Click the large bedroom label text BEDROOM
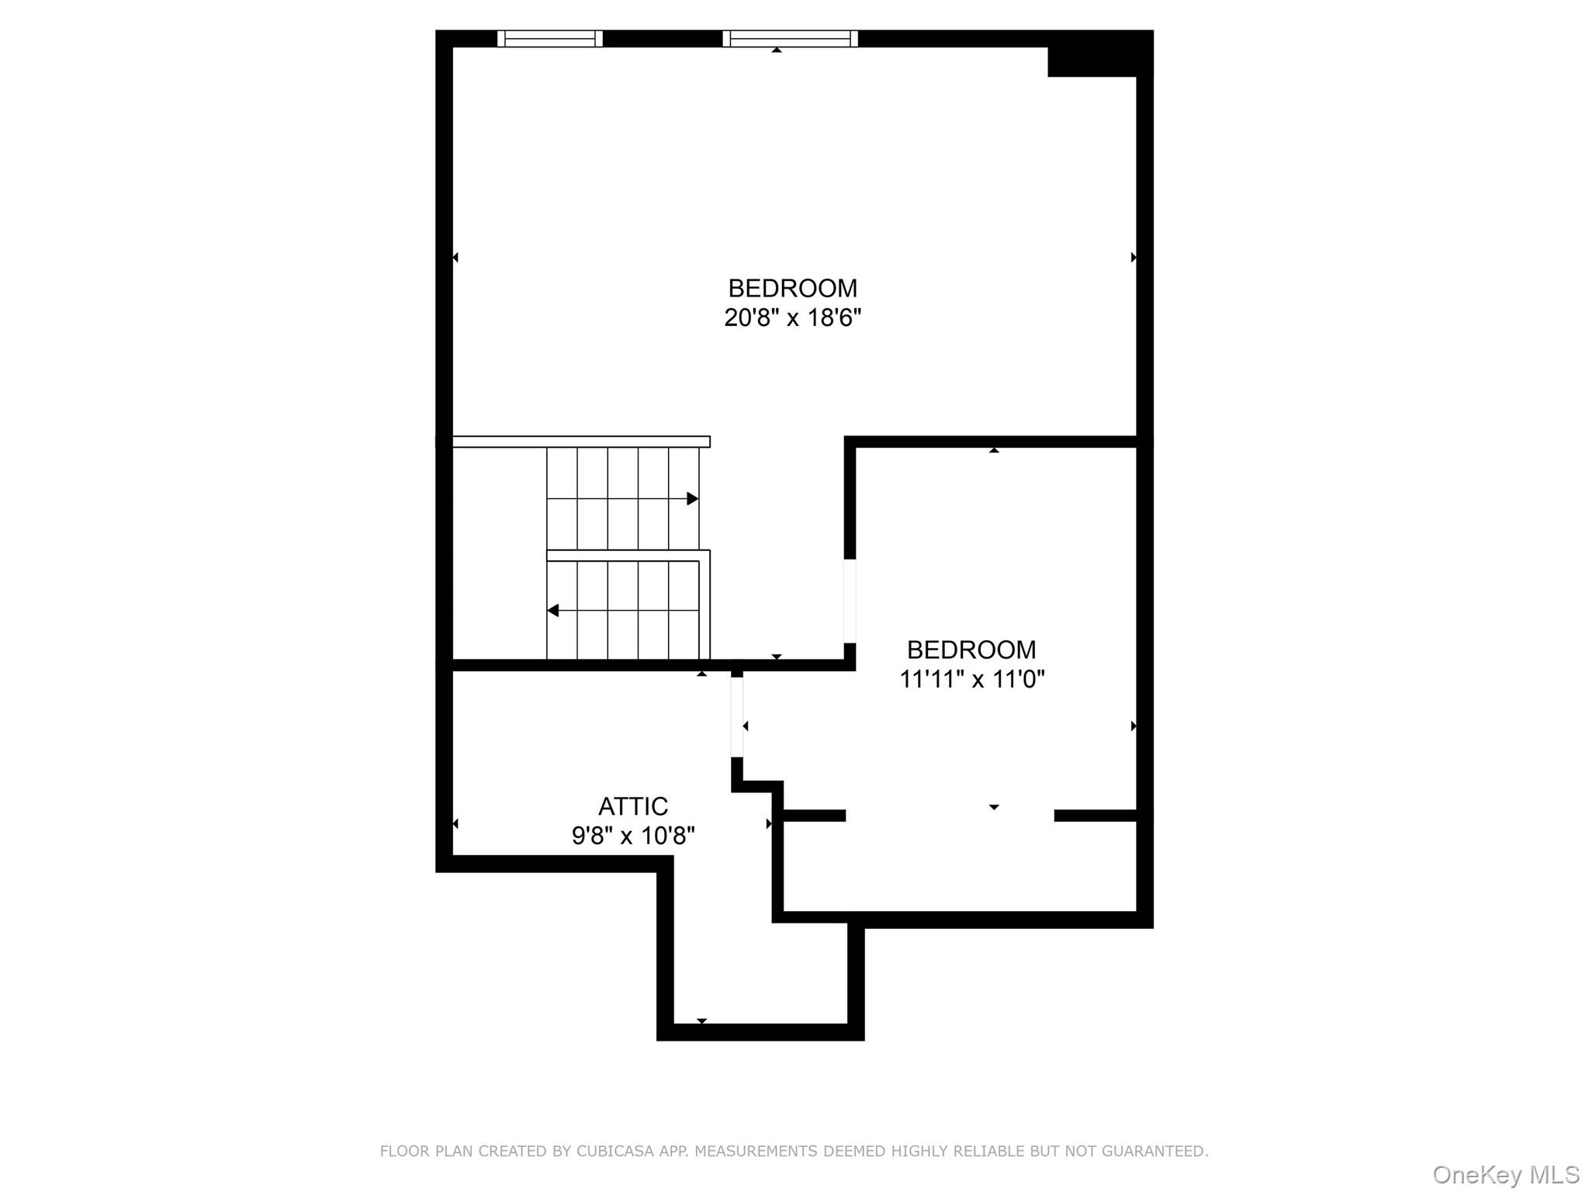click(x=792, y=289)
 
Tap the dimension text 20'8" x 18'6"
click(x=792, y=318)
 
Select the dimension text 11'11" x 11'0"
click(x=971, y=680)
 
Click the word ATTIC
click(x=632, y=806)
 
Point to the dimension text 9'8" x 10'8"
click(x=632, y=836)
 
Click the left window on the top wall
click(x=549, y=39)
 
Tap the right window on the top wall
click(x=790, y=39)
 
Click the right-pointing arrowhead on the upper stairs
click(x=693, y=499)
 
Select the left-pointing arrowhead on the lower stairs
click(x=553, y=611)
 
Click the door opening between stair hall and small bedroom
click(x=850, y=601)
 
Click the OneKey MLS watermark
click(x=1505, y=1175)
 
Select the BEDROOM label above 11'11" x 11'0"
click(x=971, y=650)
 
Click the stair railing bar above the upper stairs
click(x=580, y=442)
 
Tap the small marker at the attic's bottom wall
click(x=701, y=1020)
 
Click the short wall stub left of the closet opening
click(x=814, y=816)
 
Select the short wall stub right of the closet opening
click(x=1095, y=816)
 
